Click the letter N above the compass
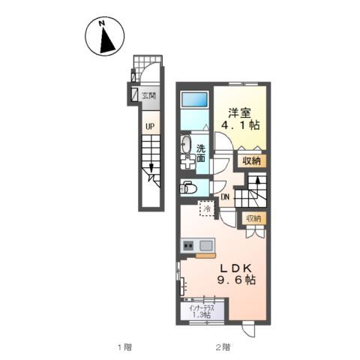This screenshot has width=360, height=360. pyautogui.click(x=101, y=23)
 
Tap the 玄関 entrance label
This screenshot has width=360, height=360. pyautogui.click(x=149, y=95)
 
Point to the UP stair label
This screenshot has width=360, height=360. pyautogui.click(x=150, y=127)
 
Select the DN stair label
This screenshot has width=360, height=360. pyautogui.click(x=225, y=197)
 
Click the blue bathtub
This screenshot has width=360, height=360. pyautogui.click(x=194, y=100)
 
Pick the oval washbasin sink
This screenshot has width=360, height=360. pyautogui.click(x=186, y=145)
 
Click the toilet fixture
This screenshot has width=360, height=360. pyautogui.click(x=187, y=187)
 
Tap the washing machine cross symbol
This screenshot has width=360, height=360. pyautogui.click(x=187, y=162)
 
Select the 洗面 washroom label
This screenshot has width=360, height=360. pyautogui.click(x=200, y=153)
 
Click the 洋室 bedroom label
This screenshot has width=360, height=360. pyautogui.click(x=239, y=113)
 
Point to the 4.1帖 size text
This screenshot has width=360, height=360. pyautogui.click(x=241, y=125)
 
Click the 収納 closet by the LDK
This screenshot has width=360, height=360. pyautogui.click(x=254, y=219)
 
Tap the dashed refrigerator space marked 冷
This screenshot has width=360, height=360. pyautogui.click(x=207, y=208)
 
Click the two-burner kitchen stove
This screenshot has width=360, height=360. pyautogui.click(x=188, y=246)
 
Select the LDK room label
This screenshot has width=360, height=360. pyautogui.click(x=235, y=268)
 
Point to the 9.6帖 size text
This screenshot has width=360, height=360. pyautogui.click(x=236, y=280)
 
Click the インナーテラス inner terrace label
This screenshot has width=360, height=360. pyautogui.click(x=202, y=308)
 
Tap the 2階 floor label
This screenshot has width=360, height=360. pyautogui.click(x=223, y=347)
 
